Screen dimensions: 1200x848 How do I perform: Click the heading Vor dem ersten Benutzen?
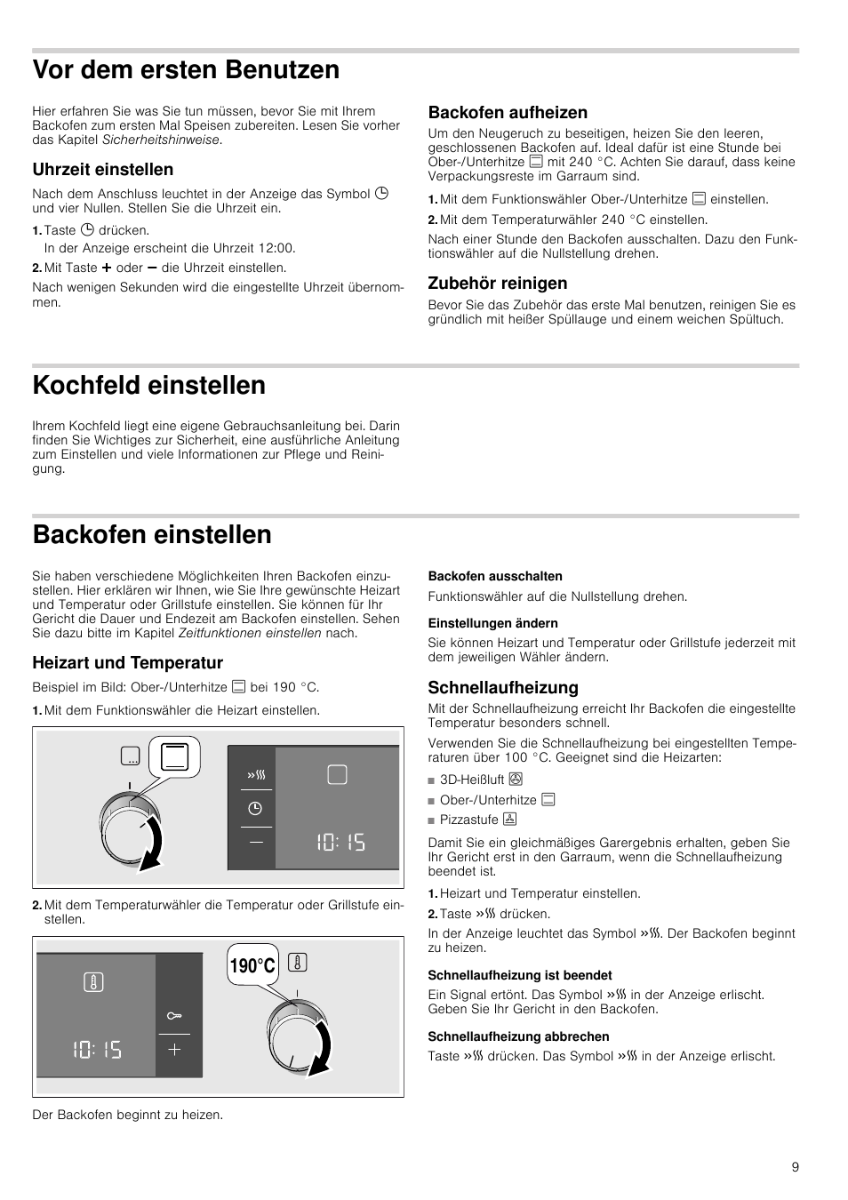pyautogui.click(x=186, y=69)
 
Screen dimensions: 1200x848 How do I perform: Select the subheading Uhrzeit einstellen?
pyautogui.click(x=103, y=170)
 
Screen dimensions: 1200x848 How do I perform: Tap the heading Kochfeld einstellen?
pyautogui.click(x=149, y=385)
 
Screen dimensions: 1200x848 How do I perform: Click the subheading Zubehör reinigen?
pyautogui.click(x=498, y=284)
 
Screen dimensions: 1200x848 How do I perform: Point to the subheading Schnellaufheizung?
pyautogui.click(x=503, y=687)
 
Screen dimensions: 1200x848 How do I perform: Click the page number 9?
pyautogui.click(x=796, y=1167)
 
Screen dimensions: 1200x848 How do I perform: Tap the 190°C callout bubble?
pyautogui.click(x=252, y=965)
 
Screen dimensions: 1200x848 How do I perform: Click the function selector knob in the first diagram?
pyautogui.click(x=131, y=826)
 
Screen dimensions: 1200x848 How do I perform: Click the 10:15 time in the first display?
pyautogui.click(x=340, y=842)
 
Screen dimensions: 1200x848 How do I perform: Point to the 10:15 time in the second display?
pyautogui.click(x=97, y=1050)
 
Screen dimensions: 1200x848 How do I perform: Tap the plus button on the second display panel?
pyautogui.click(x=174, y=1050)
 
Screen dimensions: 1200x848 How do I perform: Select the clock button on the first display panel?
pyautogui.click(x=255, y=808)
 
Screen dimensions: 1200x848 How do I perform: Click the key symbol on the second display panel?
pyautogui.click(x=174, y=1015)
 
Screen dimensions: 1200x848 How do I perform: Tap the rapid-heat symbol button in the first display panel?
pyautogui.click(x=256, y=775)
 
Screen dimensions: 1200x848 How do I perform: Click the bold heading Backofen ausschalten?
pyautogui.click(x=495, y=576)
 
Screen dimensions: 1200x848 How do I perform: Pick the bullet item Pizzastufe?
pyautogui.click(x=470, y=820)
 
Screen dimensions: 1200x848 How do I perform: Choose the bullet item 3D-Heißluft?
pyautogui.click(x=473, y=780)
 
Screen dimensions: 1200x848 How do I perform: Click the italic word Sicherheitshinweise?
pyautogui.click(x=161, y=140)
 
